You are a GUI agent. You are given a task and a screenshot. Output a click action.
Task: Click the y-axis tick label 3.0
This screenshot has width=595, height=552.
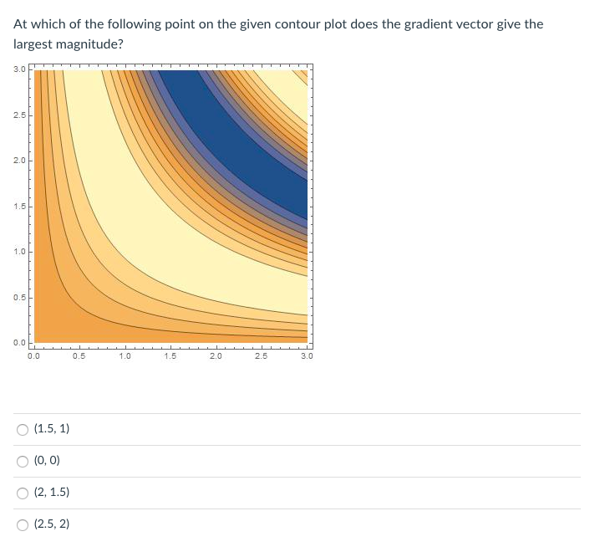click(x=19, y=69)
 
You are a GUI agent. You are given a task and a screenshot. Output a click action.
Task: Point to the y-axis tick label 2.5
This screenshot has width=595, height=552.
click(x=19, y=115)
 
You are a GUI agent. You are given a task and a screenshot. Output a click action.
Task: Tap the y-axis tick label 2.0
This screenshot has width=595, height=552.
click(x=19, y=161)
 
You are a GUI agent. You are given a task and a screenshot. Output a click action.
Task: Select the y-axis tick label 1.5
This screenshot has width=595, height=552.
click(x=19, y=207)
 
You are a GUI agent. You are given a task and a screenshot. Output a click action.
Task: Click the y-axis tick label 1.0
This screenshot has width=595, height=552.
click(x=19, y=252)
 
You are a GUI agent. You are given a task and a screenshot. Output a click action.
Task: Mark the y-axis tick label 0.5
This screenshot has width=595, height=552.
click(x=19, y=298)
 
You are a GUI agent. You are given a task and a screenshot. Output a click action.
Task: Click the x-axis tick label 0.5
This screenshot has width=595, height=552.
click(x=79, y=356)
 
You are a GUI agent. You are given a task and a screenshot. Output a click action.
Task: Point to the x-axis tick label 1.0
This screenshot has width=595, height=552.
click(x=125, y=356)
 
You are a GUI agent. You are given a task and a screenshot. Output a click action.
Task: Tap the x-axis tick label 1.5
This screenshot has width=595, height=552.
click(x=170, y=356)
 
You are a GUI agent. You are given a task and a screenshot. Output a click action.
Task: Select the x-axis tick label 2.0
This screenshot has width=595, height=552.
click(x=216, y=356)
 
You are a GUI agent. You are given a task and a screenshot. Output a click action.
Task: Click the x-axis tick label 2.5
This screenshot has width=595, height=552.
click(x=261, y=356)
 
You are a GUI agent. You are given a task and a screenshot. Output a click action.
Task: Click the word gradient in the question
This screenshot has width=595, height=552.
click(x=428, y=25)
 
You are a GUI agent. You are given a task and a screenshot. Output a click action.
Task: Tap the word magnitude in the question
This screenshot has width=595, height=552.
click(x=89, y=45)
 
